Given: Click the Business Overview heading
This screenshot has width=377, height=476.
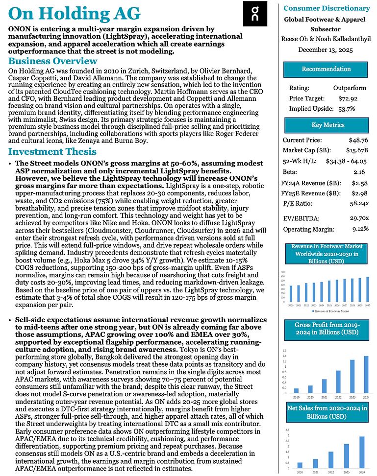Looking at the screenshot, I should (53, 61).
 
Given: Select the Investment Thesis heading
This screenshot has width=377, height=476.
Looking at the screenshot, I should (52, 151).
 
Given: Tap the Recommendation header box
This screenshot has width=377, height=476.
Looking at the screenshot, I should (326, 69).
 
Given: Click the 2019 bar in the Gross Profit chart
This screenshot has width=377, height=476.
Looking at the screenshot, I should (296, 390).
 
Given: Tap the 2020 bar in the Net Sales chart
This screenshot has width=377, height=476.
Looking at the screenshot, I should (300, 465).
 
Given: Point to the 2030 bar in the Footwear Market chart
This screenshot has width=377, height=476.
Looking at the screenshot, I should (367, 291).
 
